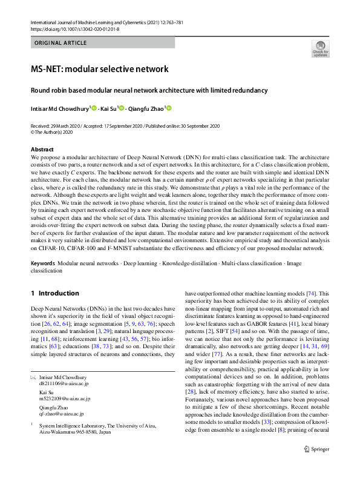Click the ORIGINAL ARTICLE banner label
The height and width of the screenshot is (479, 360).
(x=61, y=42)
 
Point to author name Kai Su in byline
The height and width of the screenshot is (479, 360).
(x=108, y=108)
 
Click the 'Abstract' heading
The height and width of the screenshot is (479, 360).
(x=42, y=149)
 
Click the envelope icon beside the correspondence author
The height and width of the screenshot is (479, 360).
(x=33, y=378)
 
